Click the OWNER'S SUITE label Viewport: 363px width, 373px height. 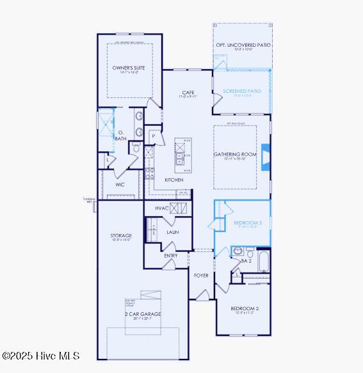coord(129,67)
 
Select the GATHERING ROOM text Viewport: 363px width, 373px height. coord(235,154)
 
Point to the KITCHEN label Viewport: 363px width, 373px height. coord(174,180)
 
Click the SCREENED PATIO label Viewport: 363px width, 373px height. coord(242,92)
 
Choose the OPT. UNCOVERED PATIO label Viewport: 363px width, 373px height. coord(243,46)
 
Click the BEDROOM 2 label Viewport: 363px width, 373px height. coord(245,309)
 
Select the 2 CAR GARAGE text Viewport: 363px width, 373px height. coord(143,314)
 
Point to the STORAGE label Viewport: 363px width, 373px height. coord(121,236)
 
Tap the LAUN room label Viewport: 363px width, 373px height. coord(173,232)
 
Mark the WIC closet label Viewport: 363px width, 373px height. coord(120,185)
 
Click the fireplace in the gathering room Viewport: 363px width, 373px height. coord(266,156)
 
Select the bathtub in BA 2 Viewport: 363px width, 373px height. coord(262,261)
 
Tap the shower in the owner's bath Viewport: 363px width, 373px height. coord(104,120)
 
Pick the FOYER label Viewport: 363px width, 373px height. coord(201,276)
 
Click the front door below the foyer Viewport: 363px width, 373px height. coord(203,295)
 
